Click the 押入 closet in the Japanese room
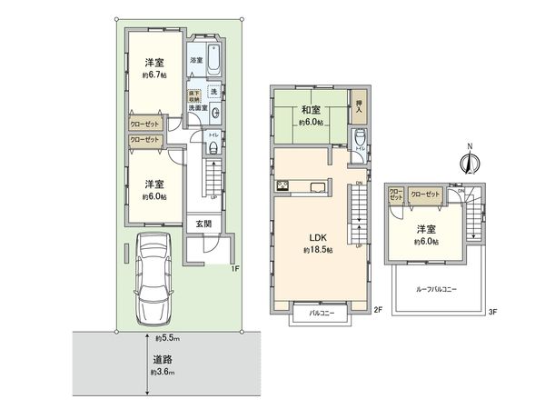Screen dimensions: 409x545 359,107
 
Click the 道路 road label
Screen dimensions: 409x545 163,359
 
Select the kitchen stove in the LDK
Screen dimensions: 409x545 282,188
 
